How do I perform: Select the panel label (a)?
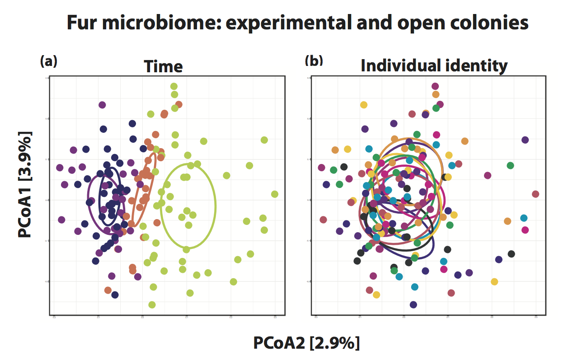[x=48, y=61]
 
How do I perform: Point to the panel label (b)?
[x=314, y=60]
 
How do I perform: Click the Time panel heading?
[x=163, y=66]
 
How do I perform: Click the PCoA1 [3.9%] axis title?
[x=25, y=184]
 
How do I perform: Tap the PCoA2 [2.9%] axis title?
[x=307, y=343]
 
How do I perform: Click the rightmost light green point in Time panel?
[x=274, y=194]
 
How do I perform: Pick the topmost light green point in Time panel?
[x=174, y=86]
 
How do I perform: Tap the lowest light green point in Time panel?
[x=152, y=304]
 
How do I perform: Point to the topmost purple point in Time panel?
[x=102, y=105]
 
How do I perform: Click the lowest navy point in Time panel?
[x=115, y=295]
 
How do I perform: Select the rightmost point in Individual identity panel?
[x=535, y=194]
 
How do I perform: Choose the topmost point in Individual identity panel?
[x=435, y=86]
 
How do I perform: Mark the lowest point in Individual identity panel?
[x=413, y=304]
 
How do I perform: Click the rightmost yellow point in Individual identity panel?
[x=494, y=281]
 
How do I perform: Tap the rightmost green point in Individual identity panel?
[x=510, y=165]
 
